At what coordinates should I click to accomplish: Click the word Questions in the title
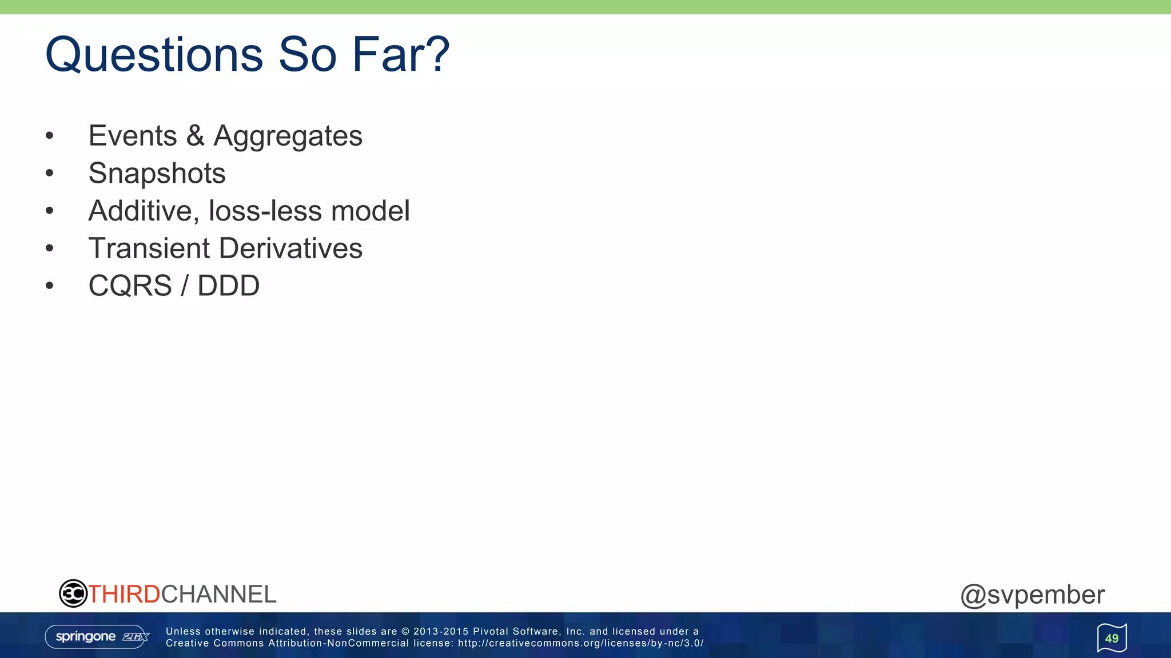[154, 55]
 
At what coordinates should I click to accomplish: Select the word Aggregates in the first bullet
[288, 137]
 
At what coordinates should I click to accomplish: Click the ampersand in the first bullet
[195, 136]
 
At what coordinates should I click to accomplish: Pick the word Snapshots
[157, 174]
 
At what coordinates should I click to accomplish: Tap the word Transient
[149, 248]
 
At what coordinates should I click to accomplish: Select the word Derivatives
[290, 248]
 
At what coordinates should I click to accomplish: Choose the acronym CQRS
[130, 286]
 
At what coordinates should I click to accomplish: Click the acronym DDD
[228, 286]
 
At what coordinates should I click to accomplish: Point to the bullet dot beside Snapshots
[50, 173]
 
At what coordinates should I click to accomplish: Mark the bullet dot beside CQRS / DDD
[50, 286]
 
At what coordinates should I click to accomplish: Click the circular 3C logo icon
[73, 593]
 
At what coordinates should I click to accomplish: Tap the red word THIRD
[124, 595]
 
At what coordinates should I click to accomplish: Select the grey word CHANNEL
[218, 595]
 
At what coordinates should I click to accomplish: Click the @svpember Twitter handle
[1032, 595]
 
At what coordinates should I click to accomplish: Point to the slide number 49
[1112, 638]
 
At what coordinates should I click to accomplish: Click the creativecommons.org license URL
[580, 643]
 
